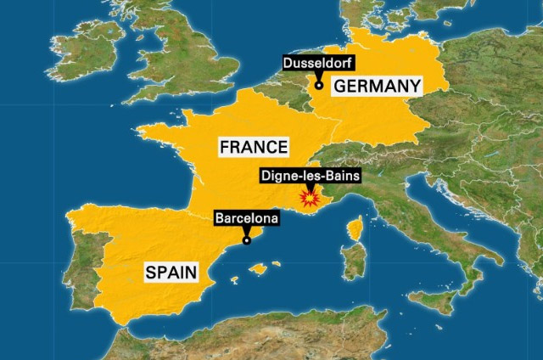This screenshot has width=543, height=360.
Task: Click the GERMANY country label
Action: coord(378,86)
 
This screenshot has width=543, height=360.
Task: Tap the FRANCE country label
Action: coord(253,146)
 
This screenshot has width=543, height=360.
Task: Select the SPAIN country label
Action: coord(171,273)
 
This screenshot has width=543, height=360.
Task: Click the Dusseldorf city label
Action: coord(319,63)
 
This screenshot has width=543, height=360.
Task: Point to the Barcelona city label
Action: coord(246,219)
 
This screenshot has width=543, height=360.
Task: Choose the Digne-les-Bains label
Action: coord(309,177)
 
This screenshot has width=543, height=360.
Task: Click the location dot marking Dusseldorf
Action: coord(319,84)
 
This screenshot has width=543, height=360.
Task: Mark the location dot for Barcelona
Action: coord(247,240)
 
